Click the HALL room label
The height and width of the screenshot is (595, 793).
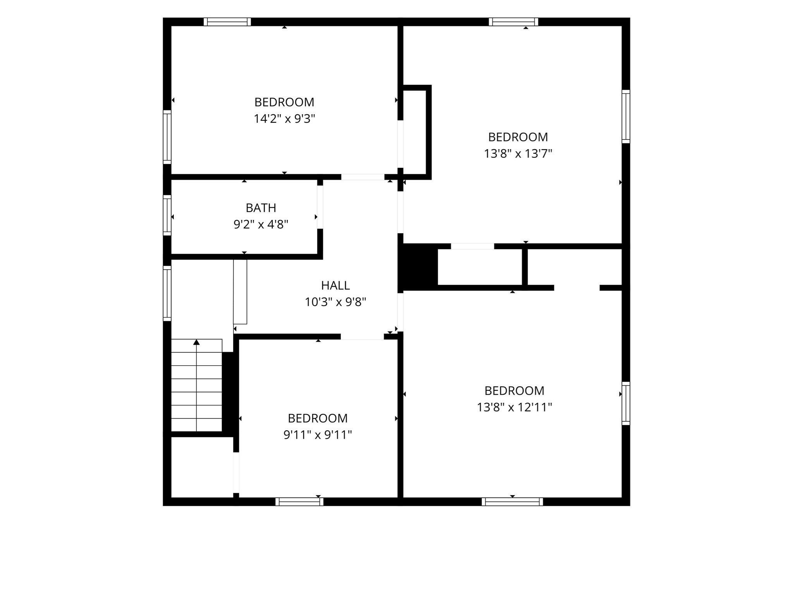point(335,285)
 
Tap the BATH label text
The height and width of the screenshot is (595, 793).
point(261,208)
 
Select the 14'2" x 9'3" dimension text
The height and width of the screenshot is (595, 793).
point(285,119)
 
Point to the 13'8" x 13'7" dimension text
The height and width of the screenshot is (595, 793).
point(518,153)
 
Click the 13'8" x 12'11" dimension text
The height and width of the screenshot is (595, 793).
point(514,407)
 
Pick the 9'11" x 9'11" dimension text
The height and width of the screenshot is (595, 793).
point(318,435)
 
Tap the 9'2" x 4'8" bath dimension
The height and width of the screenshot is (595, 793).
point(261,224)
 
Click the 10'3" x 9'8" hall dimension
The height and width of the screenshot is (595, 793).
point(335,302)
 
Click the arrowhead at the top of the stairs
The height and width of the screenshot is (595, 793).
point(197,342)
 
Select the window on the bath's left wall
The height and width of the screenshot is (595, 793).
point(167,215)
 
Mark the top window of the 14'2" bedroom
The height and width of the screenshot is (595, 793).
point(227,22)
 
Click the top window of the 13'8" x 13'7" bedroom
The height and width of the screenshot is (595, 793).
point(513,22)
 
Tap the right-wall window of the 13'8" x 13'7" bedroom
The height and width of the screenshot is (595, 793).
point(626,116)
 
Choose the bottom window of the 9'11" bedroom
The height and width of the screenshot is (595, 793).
point(299,502)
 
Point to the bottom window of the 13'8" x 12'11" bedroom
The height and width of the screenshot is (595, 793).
point(512,502)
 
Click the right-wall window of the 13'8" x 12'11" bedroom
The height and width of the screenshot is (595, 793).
point(626,403)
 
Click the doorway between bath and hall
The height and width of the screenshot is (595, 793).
point(320,207)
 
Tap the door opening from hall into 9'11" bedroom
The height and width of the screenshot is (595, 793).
point(362,337)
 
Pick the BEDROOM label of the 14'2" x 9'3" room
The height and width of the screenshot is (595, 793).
point(284,102)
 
